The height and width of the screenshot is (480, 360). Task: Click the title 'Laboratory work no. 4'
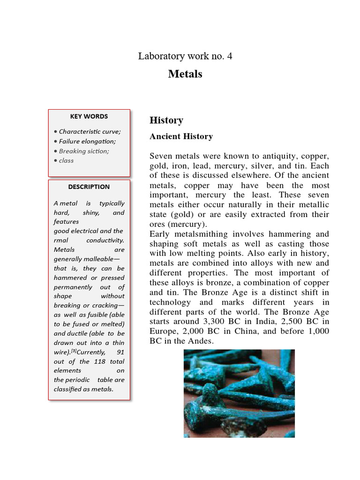185,56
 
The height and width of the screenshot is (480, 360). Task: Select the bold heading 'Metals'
185,74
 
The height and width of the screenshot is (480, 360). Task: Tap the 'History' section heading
166,120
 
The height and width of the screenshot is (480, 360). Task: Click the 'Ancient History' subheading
181,136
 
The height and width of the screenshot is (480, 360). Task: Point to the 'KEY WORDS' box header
89,116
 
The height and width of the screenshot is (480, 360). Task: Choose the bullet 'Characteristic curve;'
90,132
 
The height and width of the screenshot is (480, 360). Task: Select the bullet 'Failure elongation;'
87,141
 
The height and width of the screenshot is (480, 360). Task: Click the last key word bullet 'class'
66,160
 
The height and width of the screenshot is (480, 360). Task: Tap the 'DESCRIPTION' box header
89,187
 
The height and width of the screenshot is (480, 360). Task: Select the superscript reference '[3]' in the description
74,351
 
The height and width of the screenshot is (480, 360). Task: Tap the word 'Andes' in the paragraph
201,342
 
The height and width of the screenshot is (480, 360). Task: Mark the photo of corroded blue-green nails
239,393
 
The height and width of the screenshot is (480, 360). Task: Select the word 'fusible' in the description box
92,315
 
